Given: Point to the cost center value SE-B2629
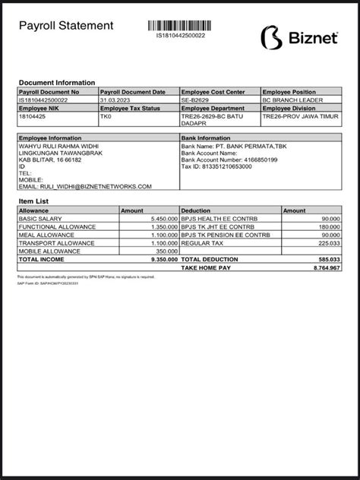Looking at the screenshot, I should point(196,99).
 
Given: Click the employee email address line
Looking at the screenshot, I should point(85,186).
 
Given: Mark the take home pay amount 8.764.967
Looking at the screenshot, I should point(325,268).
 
